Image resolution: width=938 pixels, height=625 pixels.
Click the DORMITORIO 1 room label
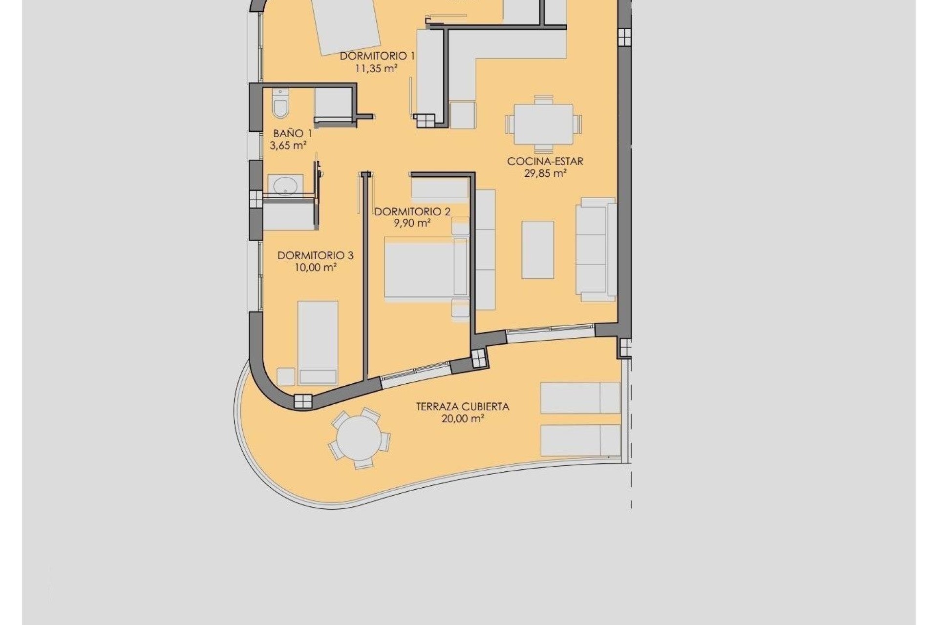pyautogui.click(x=377, y=56)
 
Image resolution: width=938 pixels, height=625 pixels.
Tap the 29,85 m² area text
pyautogui.click(x=545, y=173)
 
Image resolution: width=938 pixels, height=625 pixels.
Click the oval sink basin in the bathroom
pyautogui.click(x=285, y=186)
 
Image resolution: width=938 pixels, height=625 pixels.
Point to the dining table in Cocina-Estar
pyautogui.click(x=544, y=124)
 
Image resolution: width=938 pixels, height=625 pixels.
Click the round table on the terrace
pyautogui.click(x=359, y=437)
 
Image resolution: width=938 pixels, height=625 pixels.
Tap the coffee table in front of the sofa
pyautogui.click(x=537, y=250)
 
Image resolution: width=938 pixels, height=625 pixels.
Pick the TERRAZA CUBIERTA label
pyautogui.click(x=462, y=406)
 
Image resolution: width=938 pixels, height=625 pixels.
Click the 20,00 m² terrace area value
pyautogui.click(x=462, y=419)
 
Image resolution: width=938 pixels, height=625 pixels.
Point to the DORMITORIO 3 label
pyautogui.click(x=315, y=255)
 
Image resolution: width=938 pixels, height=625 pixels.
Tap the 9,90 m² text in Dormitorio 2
pyautogui.click(x=412, y=224)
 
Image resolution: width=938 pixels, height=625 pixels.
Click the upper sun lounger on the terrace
pyautogui.click(x=580, y=398)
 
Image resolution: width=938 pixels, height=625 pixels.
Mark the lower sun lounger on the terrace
pyautogui.click(x=580, y=440)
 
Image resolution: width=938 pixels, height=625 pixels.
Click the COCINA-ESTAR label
pyautogui.click(x=545, y=161)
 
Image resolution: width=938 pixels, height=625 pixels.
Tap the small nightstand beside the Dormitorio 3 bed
pyautogui.click(x=286, y=376)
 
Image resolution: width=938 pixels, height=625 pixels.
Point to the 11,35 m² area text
pyautogui.click(x=376, y=69)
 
